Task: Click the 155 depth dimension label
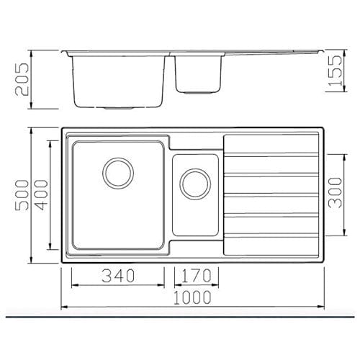pos(336,72)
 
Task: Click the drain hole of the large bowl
pos(118,173)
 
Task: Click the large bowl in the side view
pos(120,79)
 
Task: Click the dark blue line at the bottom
pos(180,316)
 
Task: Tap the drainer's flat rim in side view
pos(274,53)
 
